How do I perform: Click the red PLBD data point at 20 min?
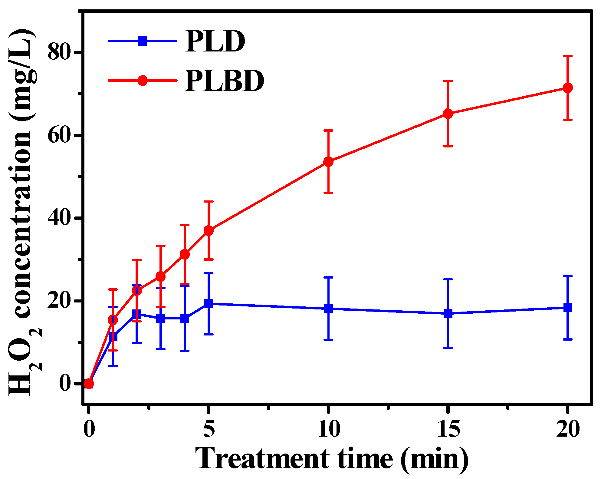567,88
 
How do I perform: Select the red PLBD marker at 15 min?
448,114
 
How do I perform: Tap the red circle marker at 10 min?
328,162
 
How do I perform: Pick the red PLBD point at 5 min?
209,230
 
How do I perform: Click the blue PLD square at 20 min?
567,308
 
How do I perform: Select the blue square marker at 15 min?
448,313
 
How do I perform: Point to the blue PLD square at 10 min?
328,309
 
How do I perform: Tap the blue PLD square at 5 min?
209,303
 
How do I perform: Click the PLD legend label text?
215,41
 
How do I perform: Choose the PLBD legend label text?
225,81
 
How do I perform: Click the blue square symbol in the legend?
143,41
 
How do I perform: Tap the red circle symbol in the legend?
143,81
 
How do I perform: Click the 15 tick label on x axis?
448,429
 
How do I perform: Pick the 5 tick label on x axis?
209,429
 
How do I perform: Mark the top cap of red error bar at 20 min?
567,56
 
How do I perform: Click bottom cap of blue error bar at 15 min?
448,348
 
